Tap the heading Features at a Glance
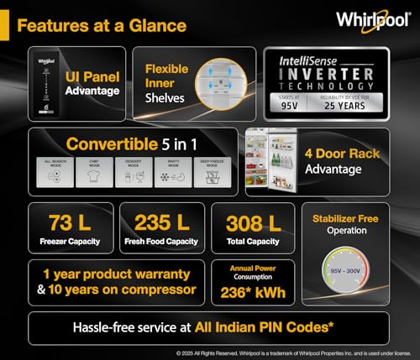(x=101, y=25)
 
